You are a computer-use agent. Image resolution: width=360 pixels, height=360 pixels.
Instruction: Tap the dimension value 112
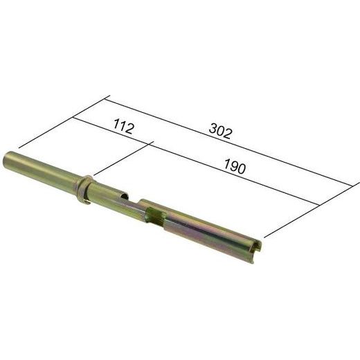pyautogui.click(x=121, y=127)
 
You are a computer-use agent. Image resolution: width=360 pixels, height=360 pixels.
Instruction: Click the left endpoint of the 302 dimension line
pyautogui.click(x=109, y=98)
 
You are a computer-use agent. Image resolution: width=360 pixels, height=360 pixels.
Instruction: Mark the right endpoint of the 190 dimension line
pyautogui.click(x=321, y=205)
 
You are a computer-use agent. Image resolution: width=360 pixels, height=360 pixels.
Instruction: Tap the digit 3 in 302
pyautogui.click(x=212, y=129)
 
